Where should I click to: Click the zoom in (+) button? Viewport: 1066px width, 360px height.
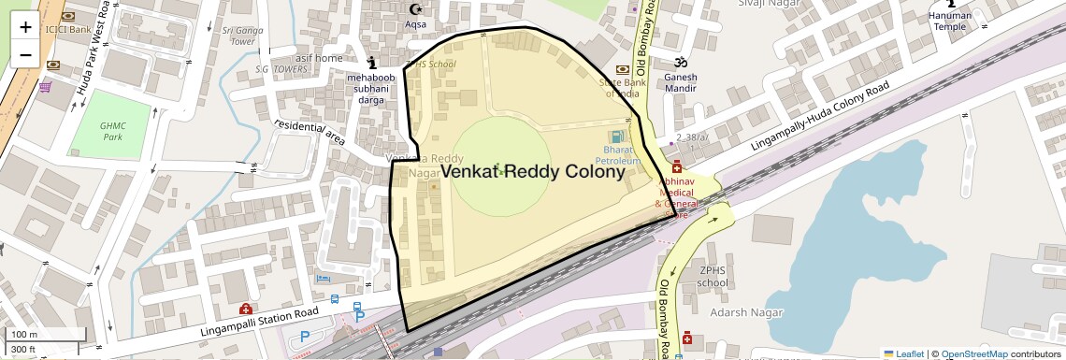tap(25, 27)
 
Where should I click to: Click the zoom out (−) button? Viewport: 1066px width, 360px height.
tap(25, 54)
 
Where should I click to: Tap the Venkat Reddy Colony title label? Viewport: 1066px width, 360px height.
tap(532, 172)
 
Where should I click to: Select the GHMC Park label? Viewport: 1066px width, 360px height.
tap(113, 131)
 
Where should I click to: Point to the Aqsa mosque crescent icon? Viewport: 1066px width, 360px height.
tap(415, 9)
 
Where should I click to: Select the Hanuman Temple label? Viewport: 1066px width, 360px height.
tap(950, 21)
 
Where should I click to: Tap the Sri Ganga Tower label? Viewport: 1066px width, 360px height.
tap(242, 36)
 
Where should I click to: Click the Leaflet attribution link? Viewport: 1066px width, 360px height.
tap(903, 353)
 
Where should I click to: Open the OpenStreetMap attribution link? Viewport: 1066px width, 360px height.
tap(973, 353)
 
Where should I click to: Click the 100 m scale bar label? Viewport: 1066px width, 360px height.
tap(24, 335)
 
